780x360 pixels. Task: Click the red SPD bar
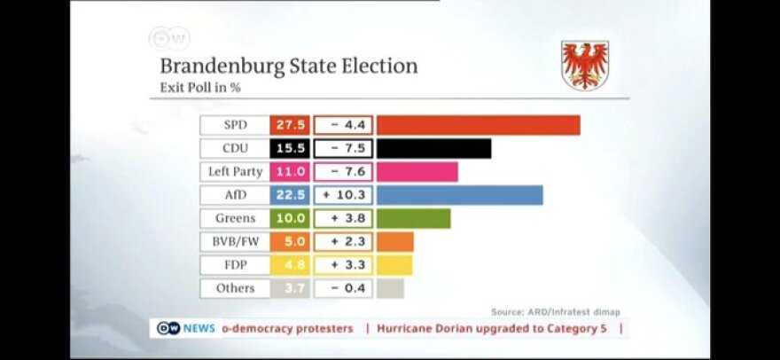478,125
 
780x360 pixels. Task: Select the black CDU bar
433,148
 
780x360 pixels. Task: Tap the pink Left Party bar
417,171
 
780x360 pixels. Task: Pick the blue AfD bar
459,195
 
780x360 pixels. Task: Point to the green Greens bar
413,218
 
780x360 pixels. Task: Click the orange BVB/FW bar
394,241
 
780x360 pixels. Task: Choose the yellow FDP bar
394,264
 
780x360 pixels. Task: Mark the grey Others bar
390,288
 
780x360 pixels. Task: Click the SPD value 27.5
290,125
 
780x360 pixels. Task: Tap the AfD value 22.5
290,195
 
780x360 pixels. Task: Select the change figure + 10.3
343,195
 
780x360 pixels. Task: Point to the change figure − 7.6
343,171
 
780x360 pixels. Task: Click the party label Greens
235,218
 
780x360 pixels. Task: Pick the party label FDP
235,264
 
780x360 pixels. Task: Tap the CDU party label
235,148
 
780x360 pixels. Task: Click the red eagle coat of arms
585,65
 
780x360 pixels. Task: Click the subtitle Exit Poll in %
200,88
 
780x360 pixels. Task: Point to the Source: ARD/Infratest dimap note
556,311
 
